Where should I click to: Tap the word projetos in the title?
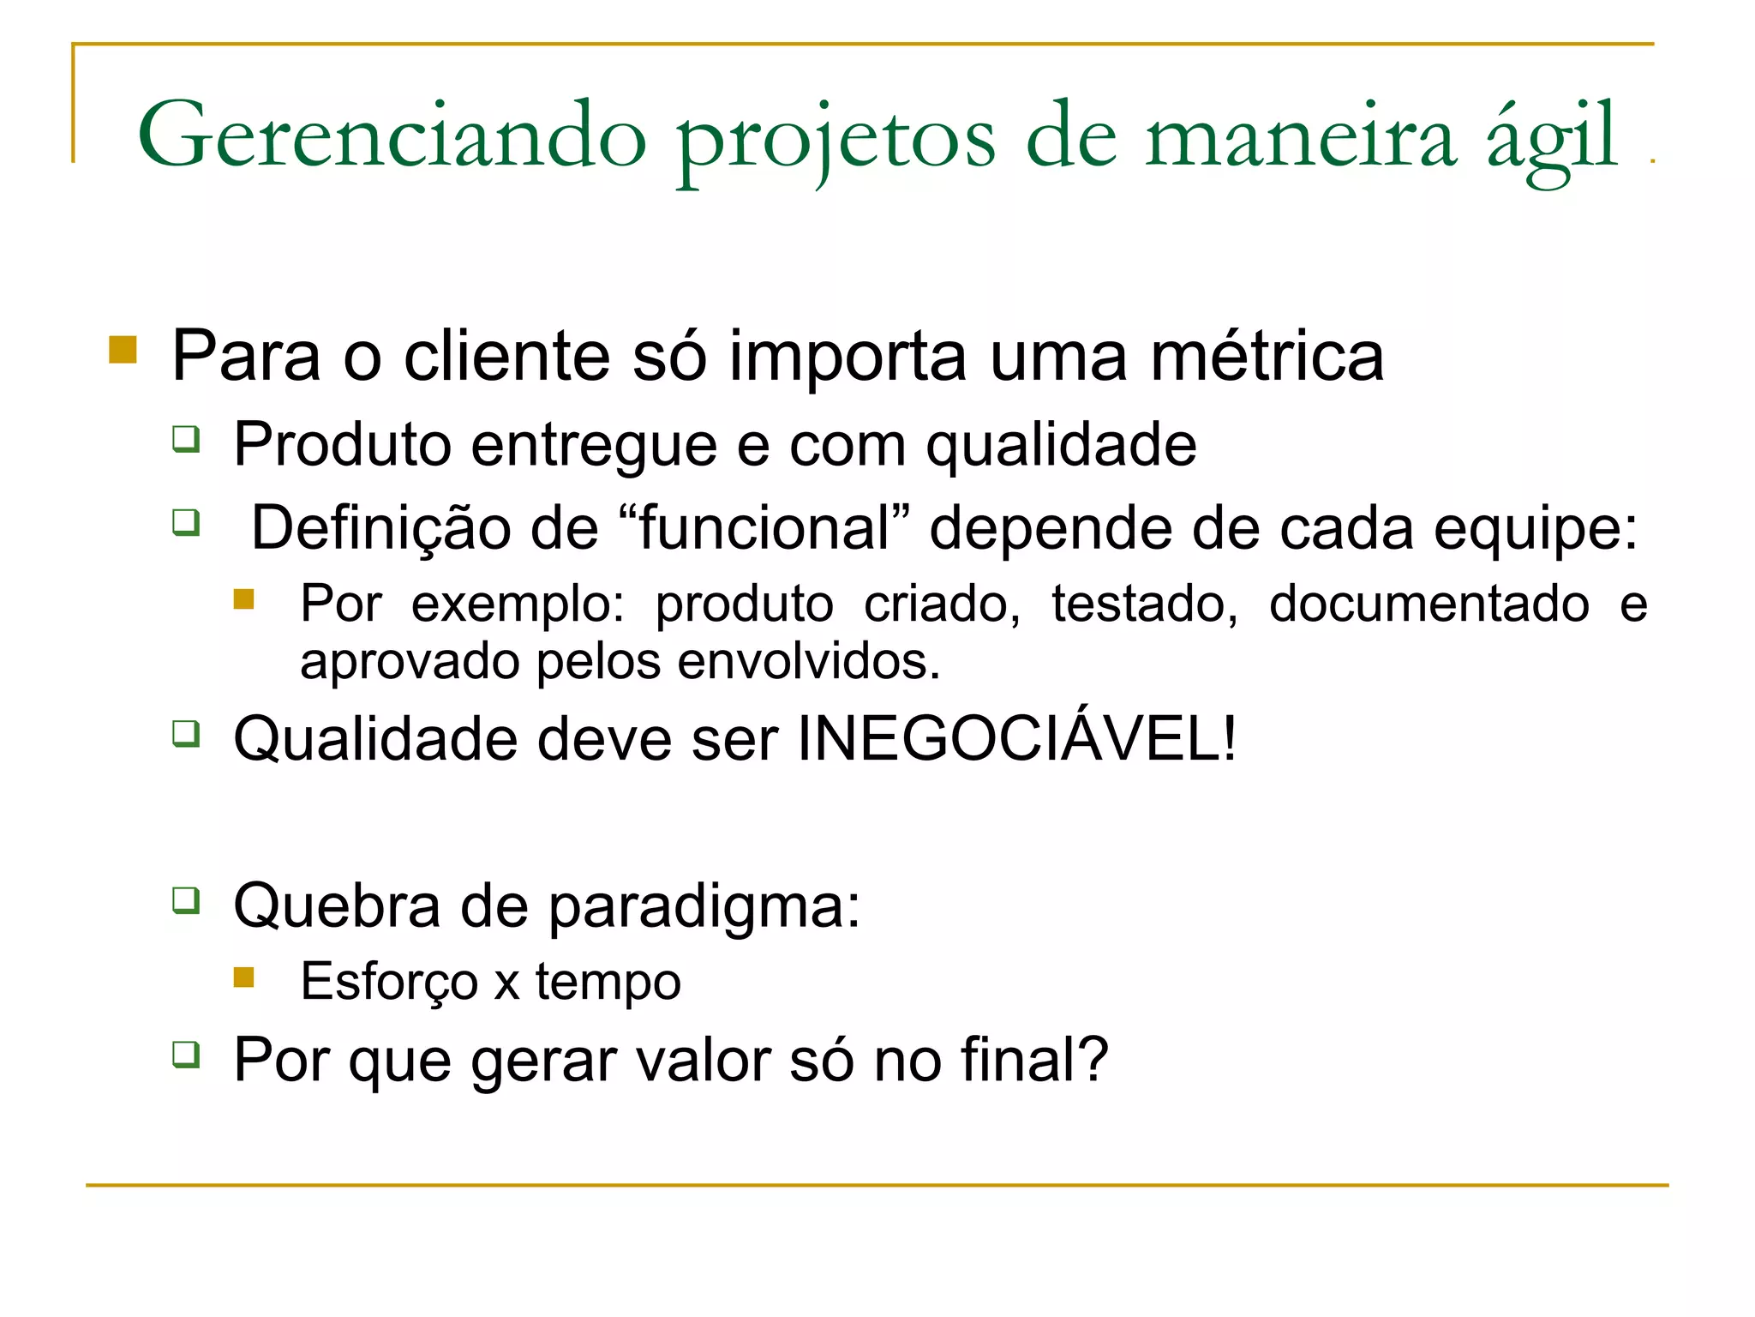[836, 141]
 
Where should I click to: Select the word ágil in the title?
[1551, 141]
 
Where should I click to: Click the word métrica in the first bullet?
[1267, 356]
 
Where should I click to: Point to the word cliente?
[506, 356]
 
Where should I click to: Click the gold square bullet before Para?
[123, 350]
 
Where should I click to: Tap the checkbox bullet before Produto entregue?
[186, 439]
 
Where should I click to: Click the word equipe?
[1536, 529]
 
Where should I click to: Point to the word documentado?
[1429, 604]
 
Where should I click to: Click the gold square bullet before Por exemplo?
[244, 598]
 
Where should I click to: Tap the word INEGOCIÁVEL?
[1017, 738]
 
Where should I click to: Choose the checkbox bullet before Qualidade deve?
[186, 734]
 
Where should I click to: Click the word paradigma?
[704, 907]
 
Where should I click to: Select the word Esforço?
[389, 982]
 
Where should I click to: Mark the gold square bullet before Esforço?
[244, 977]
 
